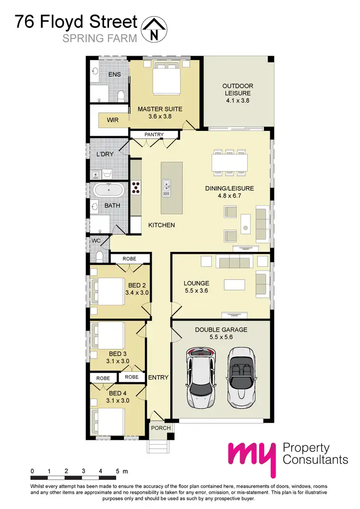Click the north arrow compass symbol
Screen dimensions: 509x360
tap(154, 28)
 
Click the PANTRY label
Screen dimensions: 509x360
tap(154, 135)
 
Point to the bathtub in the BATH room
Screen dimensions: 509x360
tap(108, 190)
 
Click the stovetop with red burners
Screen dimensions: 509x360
tap(136, 187)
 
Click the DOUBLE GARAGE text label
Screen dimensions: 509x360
tap(221, 330)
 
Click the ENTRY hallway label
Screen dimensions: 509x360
tap(158, 378)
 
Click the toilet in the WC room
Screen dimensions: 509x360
tap(99, 255)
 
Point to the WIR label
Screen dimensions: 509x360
tap(112, 120)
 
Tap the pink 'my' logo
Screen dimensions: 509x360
tap(252, 457)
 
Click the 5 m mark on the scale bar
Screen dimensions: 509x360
tap(118, 471)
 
